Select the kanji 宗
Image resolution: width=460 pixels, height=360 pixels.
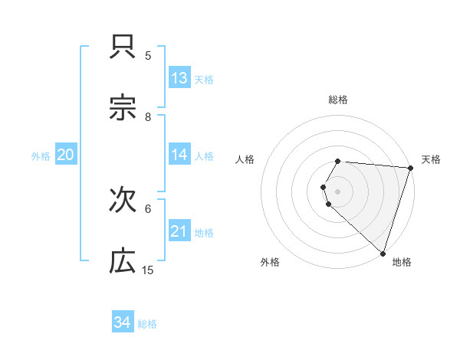coord(123,110)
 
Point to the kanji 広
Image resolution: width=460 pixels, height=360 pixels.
coord(123,262)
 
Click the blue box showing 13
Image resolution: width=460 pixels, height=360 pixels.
coord(179,78)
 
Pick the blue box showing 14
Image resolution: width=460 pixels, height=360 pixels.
coord(179,155)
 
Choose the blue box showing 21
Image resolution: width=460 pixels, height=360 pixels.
coord(179,231)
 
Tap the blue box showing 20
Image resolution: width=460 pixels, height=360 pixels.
coord(66,155)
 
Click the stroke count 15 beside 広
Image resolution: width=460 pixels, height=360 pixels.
coord(148,270)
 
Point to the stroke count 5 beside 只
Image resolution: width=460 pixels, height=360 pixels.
coord(148,56)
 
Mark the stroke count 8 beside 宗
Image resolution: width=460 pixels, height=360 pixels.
coord(148,117)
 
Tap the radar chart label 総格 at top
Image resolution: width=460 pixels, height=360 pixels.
coord(338,100)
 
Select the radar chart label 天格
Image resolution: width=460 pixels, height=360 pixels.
coord(431,159)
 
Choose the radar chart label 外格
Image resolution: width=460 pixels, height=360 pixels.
coord(270,262)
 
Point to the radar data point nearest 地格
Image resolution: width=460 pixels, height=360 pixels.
coord(383,253)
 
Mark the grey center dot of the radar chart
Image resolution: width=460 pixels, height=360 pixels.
coord(338,191)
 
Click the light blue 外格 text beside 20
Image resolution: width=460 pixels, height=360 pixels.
coord(41,155)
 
